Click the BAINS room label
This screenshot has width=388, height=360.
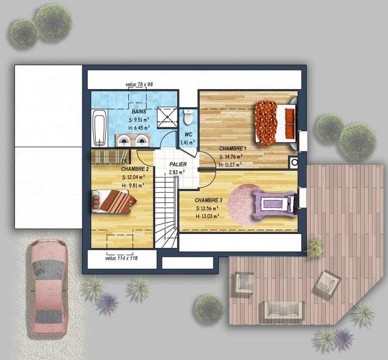[139, 112]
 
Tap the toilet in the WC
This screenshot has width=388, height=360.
[188, 117]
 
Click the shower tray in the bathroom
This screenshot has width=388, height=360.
[168, 117]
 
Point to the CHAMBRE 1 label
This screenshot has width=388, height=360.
[233, 148]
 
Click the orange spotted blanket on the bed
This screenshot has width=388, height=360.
[266, 123]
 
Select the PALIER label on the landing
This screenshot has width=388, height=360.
[178, 164]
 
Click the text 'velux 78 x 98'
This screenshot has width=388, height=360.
[139, 84]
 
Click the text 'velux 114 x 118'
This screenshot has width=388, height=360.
[121, 258]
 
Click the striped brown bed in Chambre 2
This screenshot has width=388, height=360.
[113, 201]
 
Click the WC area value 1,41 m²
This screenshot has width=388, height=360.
[188, 142]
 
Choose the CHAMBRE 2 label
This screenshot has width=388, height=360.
[135, 169]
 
